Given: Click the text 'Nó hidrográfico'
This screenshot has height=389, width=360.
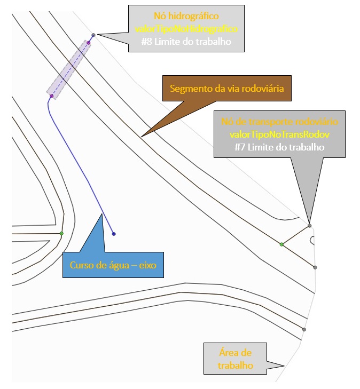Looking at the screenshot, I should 186,16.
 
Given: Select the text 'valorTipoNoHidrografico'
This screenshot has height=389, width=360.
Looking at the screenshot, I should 186,29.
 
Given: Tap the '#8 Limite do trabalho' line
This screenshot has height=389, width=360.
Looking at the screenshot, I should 186,42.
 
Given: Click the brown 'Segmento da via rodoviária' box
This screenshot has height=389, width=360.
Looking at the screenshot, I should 226,89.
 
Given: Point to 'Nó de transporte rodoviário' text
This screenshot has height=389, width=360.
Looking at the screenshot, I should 279,122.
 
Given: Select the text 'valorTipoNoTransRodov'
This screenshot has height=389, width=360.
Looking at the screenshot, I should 279,134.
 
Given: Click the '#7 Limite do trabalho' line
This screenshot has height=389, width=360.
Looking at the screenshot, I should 279,147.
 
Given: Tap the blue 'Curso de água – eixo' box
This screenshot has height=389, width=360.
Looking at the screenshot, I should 113,265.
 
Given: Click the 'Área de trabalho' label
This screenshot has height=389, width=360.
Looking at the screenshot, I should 235,359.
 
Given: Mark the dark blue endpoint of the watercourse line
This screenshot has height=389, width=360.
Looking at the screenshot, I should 114,234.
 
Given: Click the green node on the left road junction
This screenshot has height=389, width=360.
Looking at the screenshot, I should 61,233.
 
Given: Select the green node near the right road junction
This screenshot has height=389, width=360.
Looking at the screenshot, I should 281,244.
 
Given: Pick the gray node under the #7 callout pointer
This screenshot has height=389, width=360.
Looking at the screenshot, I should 310,226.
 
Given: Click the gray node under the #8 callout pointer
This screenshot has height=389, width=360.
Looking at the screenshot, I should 93,35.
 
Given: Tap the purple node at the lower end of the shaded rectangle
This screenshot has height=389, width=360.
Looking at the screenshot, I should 51,96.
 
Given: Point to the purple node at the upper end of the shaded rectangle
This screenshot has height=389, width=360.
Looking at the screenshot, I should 89,43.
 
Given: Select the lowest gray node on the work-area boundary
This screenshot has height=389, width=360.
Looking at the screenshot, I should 304,329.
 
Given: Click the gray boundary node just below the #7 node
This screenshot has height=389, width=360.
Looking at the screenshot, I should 315,267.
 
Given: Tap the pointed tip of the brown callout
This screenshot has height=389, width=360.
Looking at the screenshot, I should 141,137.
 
